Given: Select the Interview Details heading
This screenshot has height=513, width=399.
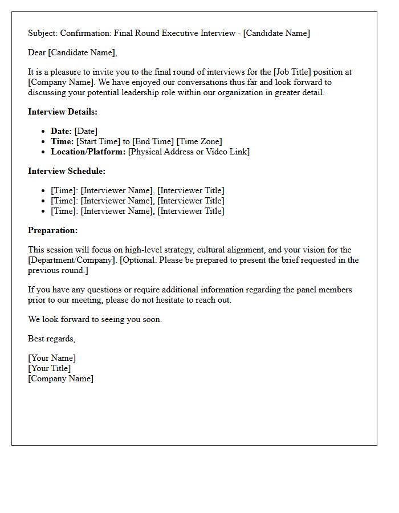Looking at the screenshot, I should click(63, 112).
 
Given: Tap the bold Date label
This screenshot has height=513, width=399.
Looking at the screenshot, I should click(61, 131).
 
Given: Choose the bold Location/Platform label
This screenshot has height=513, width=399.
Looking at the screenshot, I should click(88, 152).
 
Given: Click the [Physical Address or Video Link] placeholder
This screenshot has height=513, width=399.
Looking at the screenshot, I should click(189, 152).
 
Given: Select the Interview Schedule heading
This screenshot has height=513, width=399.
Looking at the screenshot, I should click(67, 171).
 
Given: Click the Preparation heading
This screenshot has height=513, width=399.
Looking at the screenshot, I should click(52, 230).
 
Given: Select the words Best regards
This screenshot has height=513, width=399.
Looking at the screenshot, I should click(51, 339).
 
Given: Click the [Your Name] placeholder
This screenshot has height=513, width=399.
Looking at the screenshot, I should click(52, 358).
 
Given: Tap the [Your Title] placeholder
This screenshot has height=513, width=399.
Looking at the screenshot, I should click(50, 368).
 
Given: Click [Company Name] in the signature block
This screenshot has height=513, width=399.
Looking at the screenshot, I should click(60, 378).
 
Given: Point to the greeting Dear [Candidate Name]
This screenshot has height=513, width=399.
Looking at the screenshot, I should click(72, 52).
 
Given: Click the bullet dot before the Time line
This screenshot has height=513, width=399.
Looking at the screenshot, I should click(44, 142).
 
